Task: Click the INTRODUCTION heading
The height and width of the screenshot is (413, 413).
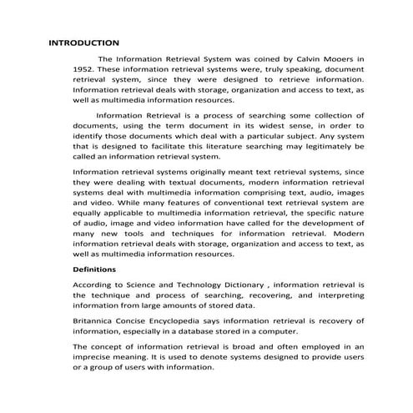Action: (84, 43)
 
